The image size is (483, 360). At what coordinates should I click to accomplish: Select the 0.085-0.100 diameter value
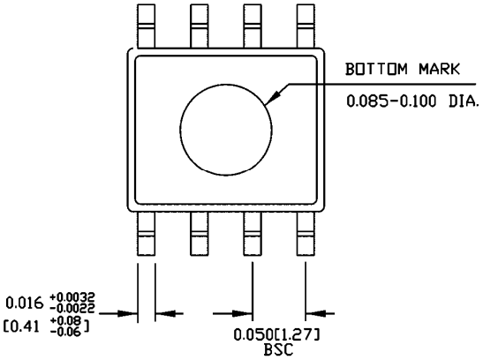tap(396, 101)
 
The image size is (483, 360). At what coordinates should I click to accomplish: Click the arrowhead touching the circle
tap(277, 94)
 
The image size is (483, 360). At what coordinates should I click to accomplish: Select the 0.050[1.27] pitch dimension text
tap(276, 335)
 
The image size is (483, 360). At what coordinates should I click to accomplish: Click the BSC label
tap(275, 349)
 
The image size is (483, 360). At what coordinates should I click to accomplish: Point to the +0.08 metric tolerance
tap(71, 323)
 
